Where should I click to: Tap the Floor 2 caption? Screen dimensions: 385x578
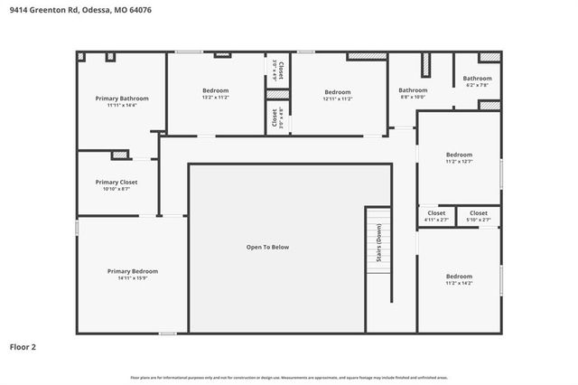pos(23,346)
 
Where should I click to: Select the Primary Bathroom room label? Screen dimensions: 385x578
pos(122,98)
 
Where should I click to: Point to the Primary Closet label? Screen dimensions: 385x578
pos(116,182)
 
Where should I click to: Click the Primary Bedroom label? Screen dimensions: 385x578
pos(132,271)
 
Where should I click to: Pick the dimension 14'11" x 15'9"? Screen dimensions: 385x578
pos(132,278)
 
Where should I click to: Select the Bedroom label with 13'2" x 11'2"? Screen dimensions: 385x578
pos(215,90)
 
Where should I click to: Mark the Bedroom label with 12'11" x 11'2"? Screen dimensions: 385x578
pos(337,91)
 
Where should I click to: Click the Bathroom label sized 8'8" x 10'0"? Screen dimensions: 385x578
pos(413,89)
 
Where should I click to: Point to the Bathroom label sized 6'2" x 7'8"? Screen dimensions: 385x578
pos(477,79)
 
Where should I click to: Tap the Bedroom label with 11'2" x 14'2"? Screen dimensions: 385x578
pos(458,276)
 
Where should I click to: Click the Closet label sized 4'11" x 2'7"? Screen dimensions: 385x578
pos(435,213)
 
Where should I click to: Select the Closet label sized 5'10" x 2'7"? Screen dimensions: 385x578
pos(478,213)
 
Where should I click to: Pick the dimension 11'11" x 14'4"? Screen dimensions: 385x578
pos(122,106)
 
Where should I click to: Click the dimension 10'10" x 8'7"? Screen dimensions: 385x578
pos(116,189)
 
